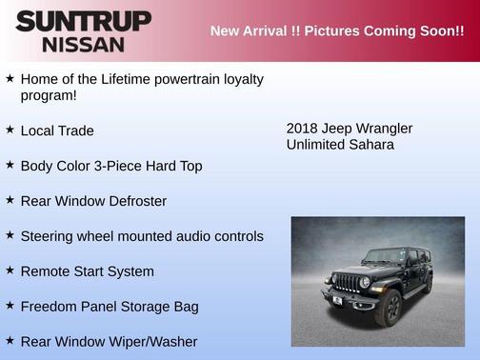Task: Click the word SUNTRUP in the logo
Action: (83, 21)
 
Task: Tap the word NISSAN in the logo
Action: (83, 44)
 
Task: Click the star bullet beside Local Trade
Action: (10, 130)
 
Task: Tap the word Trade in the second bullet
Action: (76, 130)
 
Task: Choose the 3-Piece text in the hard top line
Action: (125, 166)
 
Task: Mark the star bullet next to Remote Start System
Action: (10, 270)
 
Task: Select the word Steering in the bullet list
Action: (50, 236)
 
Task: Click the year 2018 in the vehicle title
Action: (303, 128)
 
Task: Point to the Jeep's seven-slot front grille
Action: (350, 284)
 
